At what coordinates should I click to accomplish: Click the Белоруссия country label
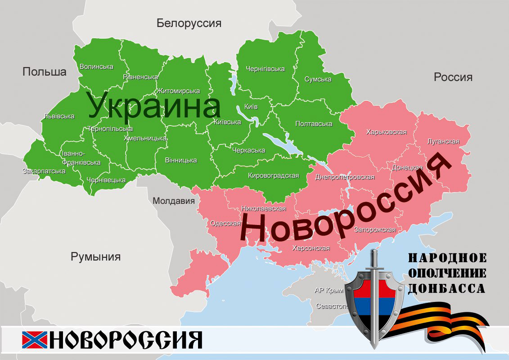(189, 23)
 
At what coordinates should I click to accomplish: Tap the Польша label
(45, 72)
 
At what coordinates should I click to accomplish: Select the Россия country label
(453, 77)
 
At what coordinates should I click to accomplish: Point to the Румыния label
(95, 257)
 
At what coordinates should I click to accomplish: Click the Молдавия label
(174, 201)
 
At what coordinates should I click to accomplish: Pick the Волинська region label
(96, 67)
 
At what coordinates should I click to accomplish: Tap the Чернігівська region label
(265, 69)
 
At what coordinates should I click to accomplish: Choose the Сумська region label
(318, 79)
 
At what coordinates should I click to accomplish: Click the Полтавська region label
(314, 124)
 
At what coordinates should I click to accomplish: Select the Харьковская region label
(387, 132)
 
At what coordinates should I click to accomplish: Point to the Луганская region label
(443, 142)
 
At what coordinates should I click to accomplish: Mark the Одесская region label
(225, 223)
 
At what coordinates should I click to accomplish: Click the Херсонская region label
(311, 248)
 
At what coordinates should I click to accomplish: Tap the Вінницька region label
(181, 160)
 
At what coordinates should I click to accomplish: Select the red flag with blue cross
(34, 340)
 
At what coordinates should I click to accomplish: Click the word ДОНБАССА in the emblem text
(446, 288)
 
